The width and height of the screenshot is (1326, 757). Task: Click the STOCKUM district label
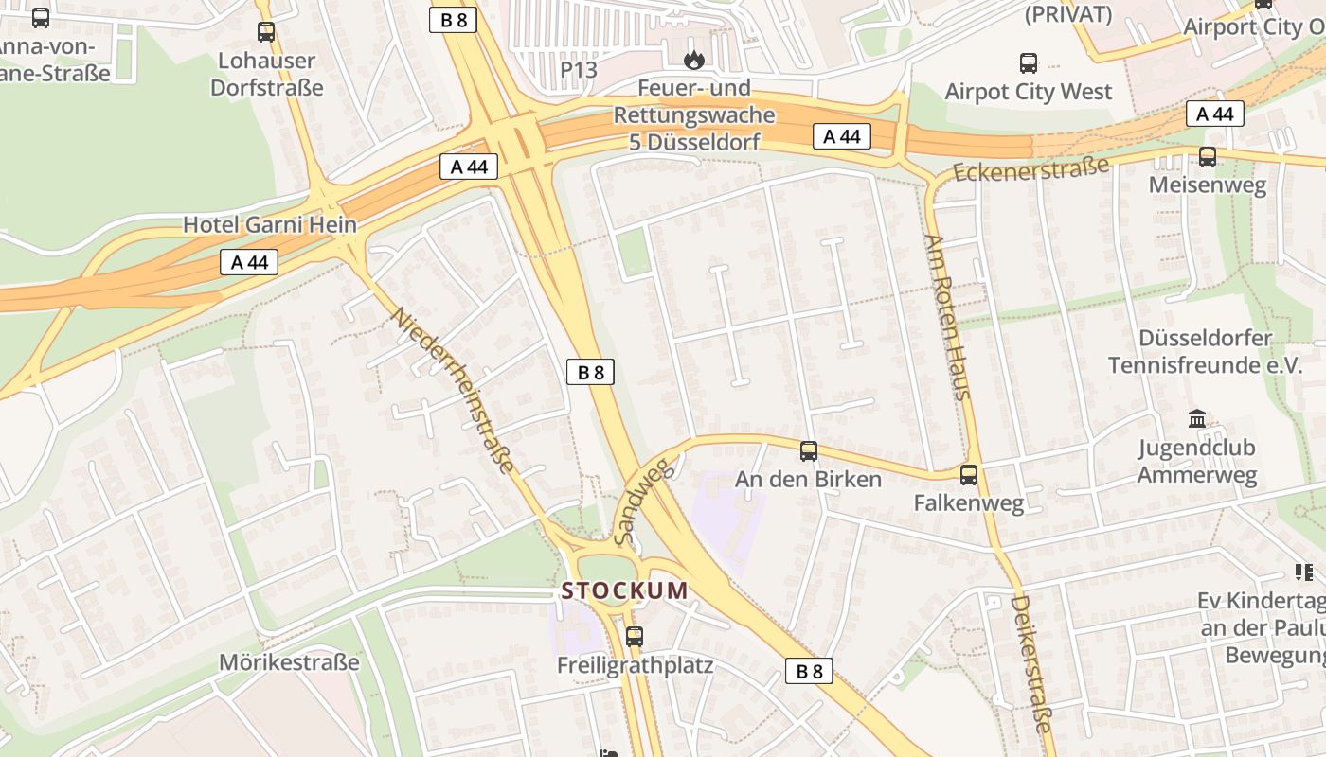[624, 590]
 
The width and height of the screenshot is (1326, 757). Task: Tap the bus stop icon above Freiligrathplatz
[635, 636]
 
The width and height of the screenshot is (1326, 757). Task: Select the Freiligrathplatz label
[635, 665]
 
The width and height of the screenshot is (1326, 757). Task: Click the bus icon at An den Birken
[808, 451]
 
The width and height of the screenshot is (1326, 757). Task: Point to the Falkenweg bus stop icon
[968, 475]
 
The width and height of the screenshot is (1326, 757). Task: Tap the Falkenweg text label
[968, 502]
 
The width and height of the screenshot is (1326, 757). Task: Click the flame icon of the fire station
[694, 61]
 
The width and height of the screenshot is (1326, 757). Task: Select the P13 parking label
[579, 69]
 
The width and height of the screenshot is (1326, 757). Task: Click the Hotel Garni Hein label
[270, 224]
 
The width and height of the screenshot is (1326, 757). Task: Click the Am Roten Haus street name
[948, 316]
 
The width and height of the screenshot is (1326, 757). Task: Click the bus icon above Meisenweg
[1207, 157]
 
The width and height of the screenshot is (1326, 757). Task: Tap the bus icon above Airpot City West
[1028, 63]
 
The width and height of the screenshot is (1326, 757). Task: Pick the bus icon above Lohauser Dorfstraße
[266, 32]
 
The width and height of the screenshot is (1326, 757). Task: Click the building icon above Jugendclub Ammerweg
[1197, 418]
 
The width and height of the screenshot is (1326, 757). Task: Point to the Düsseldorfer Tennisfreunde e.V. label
[1205, 352]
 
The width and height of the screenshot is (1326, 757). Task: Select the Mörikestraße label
[289, 661]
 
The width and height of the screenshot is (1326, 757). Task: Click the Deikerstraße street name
[1030, 662]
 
